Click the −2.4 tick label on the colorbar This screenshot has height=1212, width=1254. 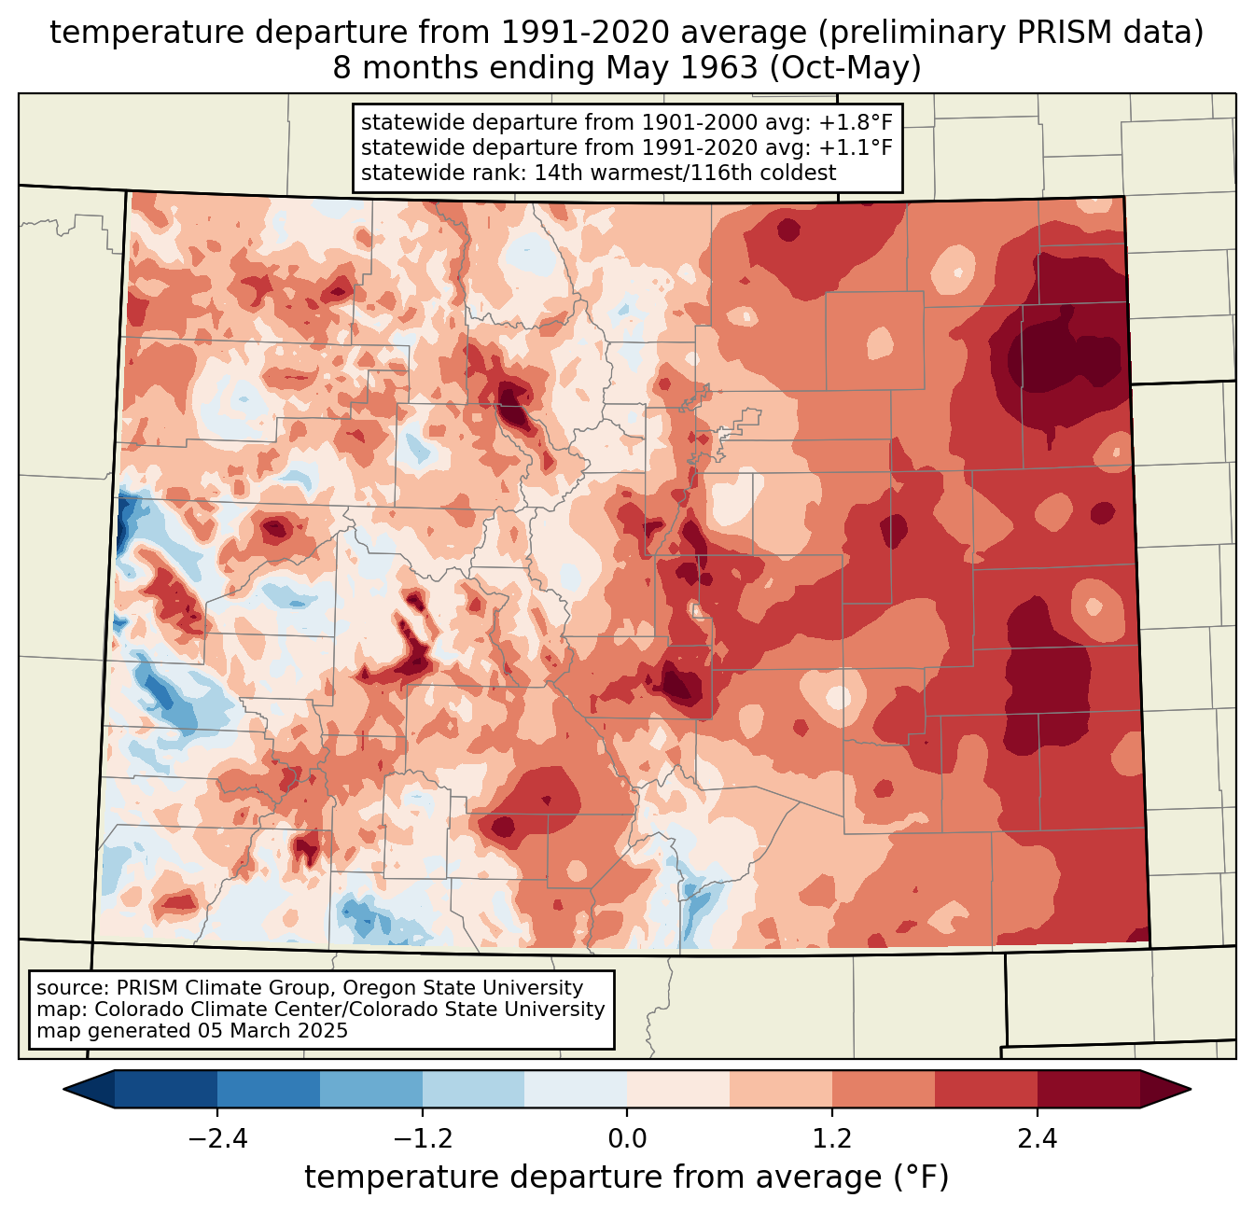(217, 1139)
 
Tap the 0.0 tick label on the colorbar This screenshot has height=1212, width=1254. (627, 1139)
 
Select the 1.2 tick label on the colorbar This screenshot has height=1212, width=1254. (832, 1139)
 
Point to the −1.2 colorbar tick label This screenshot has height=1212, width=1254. (422, 1139)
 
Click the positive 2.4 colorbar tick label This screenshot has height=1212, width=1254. (1037, 1139)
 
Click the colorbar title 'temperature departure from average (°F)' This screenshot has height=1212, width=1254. (627, 1177)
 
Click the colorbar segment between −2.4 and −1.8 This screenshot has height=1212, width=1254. (269, 1089)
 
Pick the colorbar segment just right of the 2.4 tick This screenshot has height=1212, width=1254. (1088, 1089)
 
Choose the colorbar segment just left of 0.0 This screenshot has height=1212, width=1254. (576, 1089)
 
